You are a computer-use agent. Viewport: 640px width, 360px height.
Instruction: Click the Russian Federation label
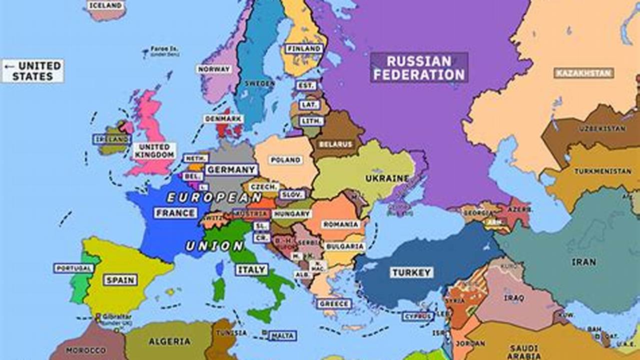(419, 68)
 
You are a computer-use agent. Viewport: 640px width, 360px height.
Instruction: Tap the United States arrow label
(33, 71)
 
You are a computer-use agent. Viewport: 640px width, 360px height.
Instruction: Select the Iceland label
(106, 5)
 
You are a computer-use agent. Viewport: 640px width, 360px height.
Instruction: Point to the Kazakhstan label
(583, 73)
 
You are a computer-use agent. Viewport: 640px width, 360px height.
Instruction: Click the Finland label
(304, 48)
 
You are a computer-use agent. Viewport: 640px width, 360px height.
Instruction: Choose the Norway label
(214, 69)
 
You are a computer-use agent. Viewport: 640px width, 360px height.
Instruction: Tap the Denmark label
(223, 118)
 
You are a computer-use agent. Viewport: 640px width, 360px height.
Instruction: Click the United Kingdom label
(154, 151)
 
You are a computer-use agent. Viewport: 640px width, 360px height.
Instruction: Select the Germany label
(231, 169)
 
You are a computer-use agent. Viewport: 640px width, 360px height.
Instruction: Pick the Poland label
(286, 160)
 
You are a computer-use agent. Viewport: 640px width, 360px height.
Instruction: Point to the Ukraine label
(387, 178)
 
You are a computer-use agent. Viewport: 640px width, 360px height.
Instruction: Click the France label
(175, 213)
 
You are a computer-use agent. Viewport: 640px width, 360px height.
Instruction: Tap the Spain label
(120, 280)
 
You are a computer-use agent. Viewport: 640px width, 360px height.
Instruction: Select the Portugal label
(74, 268)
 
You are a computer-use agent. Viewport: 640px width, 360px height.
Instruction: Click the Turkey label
(411, 272)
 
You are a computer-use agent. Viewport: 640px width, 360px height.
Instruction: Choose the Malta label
(283, 336)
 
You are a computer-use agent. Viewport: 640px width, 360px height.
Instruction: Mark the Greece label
(334, 303)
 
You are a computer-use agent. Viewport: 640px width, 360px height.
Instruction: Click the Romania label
(341, 224)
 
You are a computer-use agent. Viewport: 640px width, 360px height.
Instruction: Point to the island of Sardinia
(219, 289)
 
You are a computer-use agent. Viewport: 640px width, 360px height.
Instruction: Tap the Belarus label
(335, 144)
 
